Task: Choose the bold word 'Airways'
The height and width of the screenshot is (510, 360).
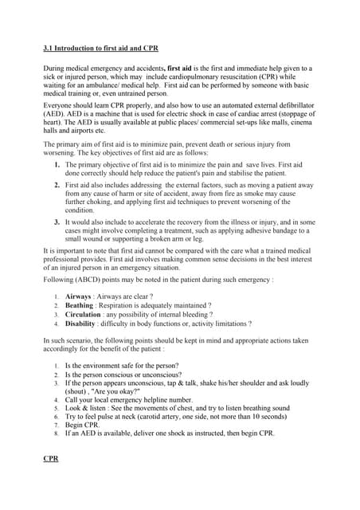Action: point(78,296)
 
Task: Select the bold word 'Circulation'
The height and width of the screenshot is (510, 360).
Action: point(83,315)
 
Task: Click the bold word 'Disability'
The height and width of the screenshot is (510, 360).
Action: point(80,324)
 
